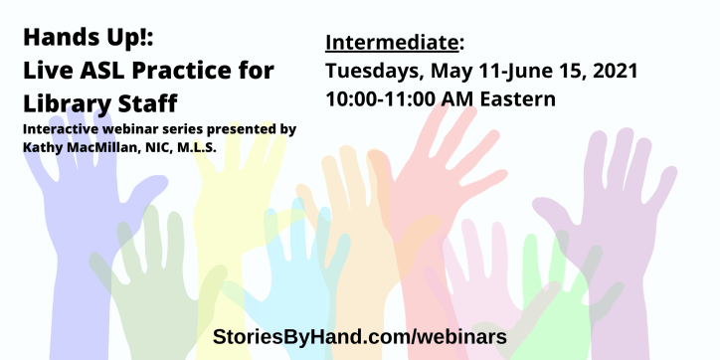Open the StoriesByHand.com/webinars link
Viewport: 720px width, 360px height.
pos(360,336)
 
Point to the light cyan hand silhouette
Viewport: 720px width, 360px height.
pos(298,269)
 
